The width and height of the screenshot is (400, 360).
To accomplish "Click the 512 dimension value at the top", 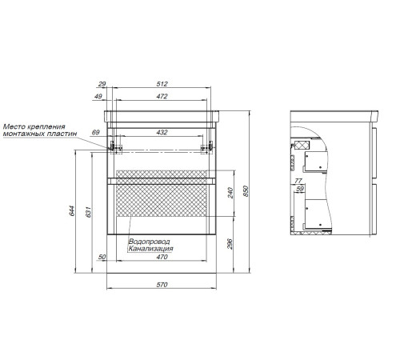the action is point(162,84).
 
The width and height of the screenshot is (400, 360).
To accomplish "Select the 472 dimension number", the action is point(162,96).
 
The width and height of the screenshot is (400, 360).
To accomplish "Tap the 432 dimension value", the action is point(162,132).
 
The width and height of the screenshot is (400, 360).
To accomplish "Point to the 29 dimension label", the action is point(102,84).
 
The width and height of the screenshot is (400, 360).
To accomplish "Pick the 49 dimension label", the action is point(98,96).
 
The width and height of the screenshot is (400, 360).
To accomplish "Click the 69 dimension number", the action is point(95,132).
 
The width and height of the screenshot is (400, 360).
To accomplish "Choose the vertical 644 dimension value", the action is point(72,210).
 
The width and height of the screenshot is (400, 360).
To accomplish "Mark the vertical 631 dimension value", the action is point(88,212).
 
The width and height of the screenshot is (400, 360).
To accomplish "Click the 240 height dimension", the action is point(230,193).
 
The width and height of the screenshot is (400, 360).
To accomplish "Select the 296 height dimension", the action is point(230,244).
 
